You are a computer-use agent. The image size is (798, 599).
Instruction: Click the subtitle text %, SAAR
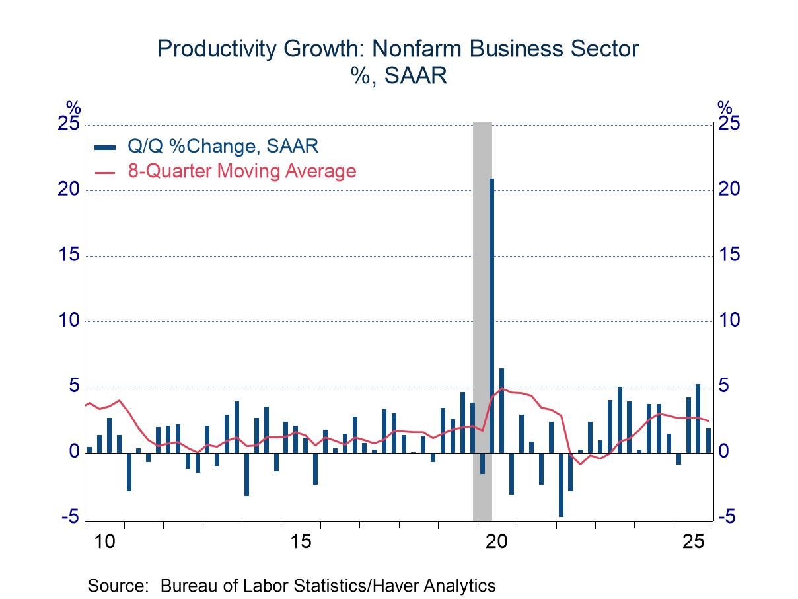tap(398, 75)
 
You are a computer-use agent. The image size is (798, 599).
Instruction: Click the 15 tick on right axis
tap(729, 256)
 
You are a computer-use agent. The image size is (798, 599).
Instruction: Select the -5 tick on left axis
tap(69, 518)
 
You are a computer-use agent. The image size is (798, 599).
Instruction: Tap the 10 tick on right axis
tap(729, 321)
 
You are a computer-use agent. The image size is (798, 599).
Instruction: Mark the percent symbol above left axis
tap(73, 108)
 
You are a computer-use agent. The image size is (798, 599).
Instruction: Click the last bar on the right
tap(708, 441)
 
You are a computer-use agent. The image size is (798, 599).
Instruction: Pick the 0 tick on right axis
tap(724, 452)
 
